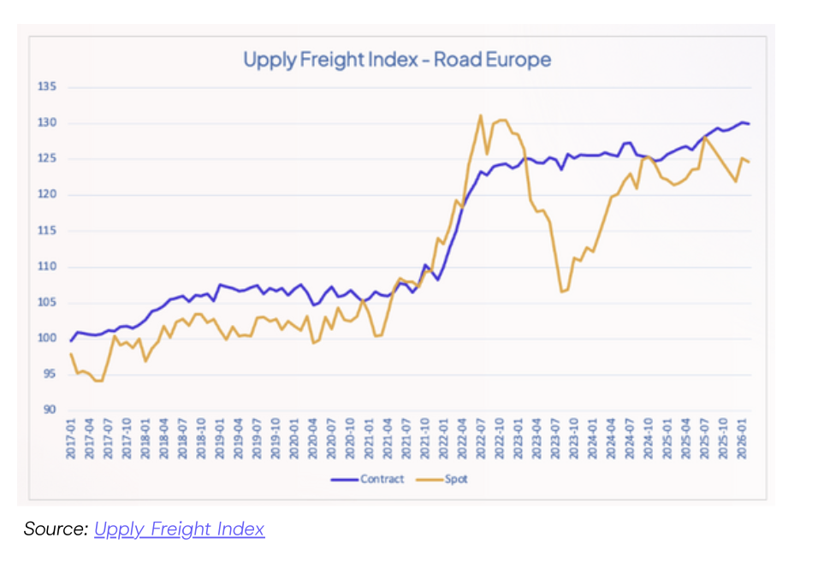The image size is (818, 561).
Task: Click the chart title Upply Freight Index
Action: coord(397,60)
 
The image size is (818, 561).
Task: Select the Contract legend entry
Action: coord(382,479)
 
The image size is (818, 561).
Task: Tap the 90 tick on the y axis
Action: coord(49,410)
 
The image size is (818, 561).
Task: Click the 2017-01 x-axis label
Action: coord(71,437)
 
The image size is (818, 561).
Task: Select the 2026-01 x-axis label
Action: coord(743,437)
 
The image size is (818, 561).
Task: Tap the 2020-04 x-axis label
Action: coord(313,437)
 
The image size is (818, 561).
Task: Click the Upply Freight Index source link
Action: coord(179,529)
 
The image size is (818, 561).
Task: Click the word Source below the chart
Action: coord(56,529)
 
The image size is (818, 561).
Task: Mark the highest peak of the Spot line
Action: coord(481,115)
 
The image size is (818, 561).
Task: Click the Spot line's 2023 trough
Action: coord(562,292)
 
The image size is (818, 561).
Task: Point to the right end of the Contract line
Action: coord(750,124)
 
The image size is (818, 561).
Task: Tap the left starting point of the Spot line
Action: coord(71,354)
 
